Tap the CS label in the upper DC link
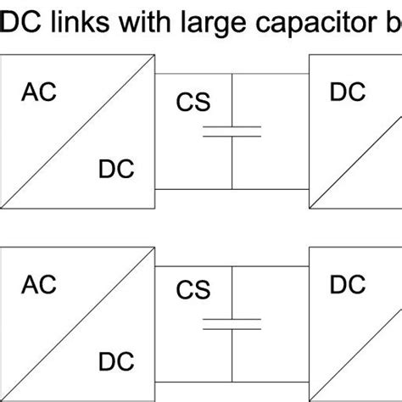193,103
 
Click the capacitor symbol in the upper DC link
232,131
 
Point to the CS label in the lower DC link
193,292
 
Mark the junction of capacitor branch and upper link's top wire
232,75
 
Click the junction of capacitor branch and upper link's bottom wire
232,187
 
